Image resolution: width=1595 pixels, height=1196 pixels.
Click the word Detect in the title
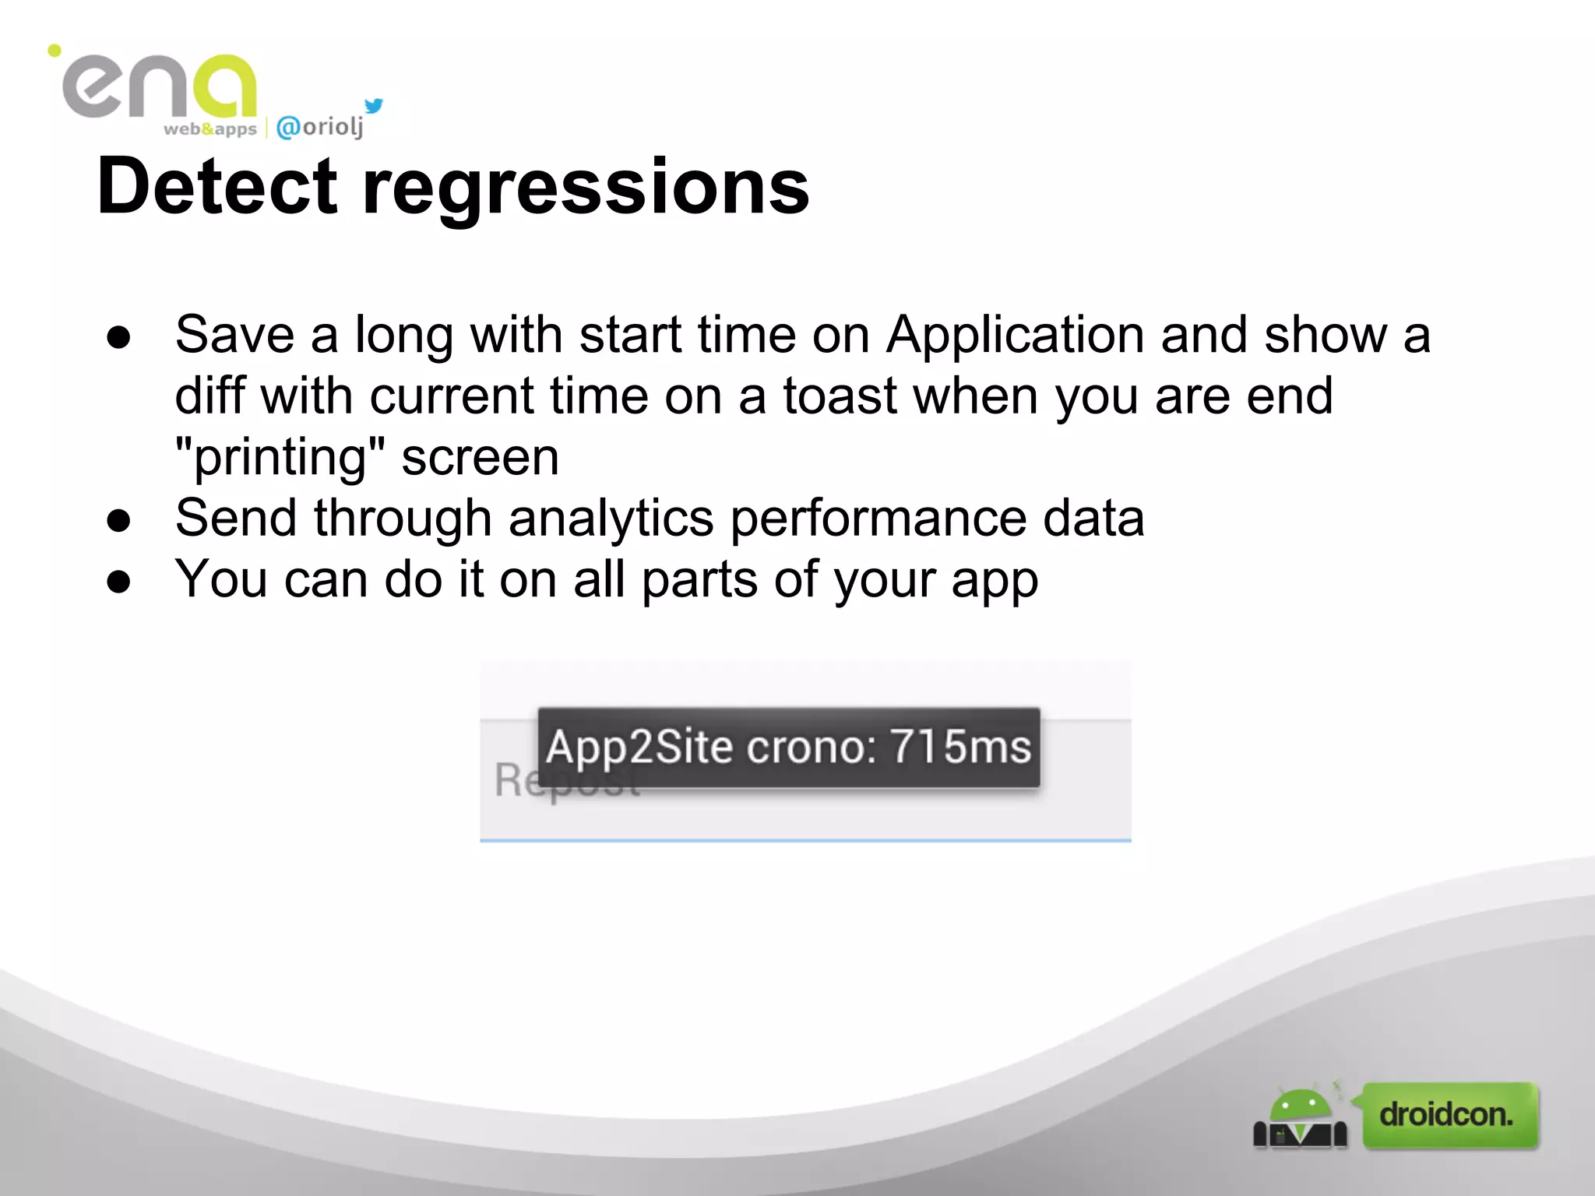(217, 187)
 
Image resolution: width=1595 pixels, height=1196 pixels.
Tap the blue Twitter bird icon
(374, 105)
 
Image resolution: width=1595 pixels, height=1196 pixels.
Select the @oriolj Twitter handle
(320, 127)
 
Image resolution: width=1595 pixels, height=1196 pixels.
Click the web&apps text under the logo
(209, 129)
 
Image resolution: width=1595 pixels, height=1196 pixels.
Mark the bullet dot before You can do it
(119, 582)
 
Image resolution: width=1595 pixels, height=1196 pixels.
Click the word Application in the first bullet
(1015, 336)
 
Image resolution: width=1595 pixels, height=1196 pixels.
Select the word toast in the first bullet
(840, 396)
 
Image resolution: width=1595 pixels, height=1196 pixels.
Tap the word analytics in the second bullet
(611, 519)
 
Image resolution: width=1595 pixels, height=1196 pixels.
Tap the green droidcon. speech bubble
(1449, 1115)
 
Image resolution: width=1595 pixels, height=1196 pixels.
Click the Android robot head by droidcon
(1300, 1106)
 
